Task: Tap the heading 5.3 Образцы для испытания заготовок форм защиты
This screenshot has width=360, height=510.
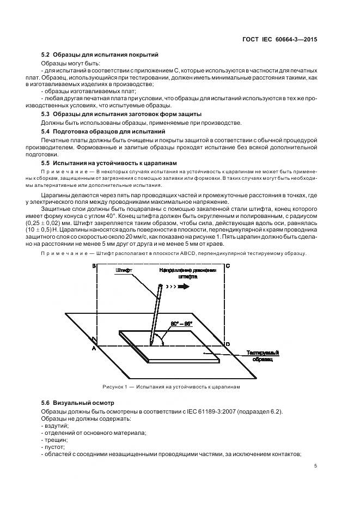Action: [x=121, y=114]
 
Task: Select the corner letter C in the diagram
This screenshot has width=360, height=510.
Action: [x=227, y=266]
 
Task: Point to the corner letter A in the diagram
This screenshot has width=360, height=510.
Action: [x=94, y=348]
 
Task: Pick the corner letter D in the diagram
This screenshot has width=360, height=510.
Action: [x=227, y=344]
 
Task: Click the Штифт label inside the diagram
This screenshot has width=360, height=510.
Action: [x=124, y=270]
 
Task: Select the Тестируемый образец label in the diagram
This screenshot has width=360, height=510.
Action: [x=263, y=355]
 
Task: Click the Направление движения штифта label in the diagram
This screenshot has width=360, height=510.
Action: [x=187, y=274]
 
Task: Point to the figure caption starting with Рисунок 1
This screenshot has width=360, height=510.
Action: [x=171, y=387]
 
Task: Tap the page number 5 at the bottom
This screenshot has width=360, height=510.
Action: [x=316, y=466]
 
